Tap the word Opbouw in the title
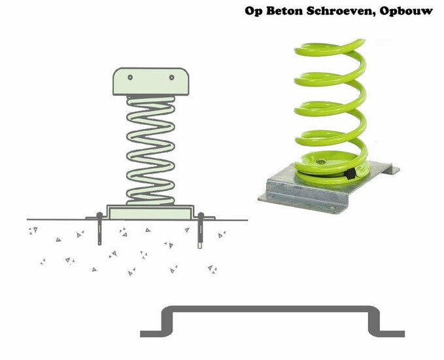tap(406, 11)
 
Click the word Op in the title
tap(254, 12)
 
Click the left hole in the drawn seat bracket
tap(130, 77)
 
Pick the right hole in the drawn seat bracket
tap(171, 77)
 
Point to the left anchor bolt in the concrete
tap(99, 228)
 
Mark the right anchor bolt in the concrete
tap(200, 230)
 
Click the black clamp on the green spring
tap(350, 173)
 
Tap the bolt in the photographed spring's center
tap(321, 162)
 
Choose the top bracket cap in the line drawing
tap(150, 82)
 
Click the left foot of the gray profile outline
tap(152, 334)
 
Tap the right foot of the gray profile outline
tap(392, 334)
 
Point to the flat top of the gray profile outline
tap(271, 309)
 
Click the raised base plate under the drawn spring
tap(150, 213)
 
